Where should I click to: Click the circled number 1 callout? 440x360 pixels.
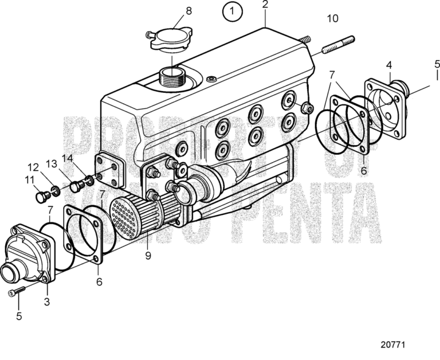pos(232,11)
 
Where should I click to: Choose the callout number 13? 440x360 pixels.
pos(51,163)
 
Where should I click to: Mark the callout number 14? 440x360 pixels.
pos(67,158)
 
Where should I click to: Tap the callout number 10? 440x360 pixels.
pos(332,19)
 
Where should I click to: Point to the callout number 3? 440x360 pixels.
pos(48,301)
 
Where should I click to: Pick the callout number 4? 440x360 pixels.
pos(389,65)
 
